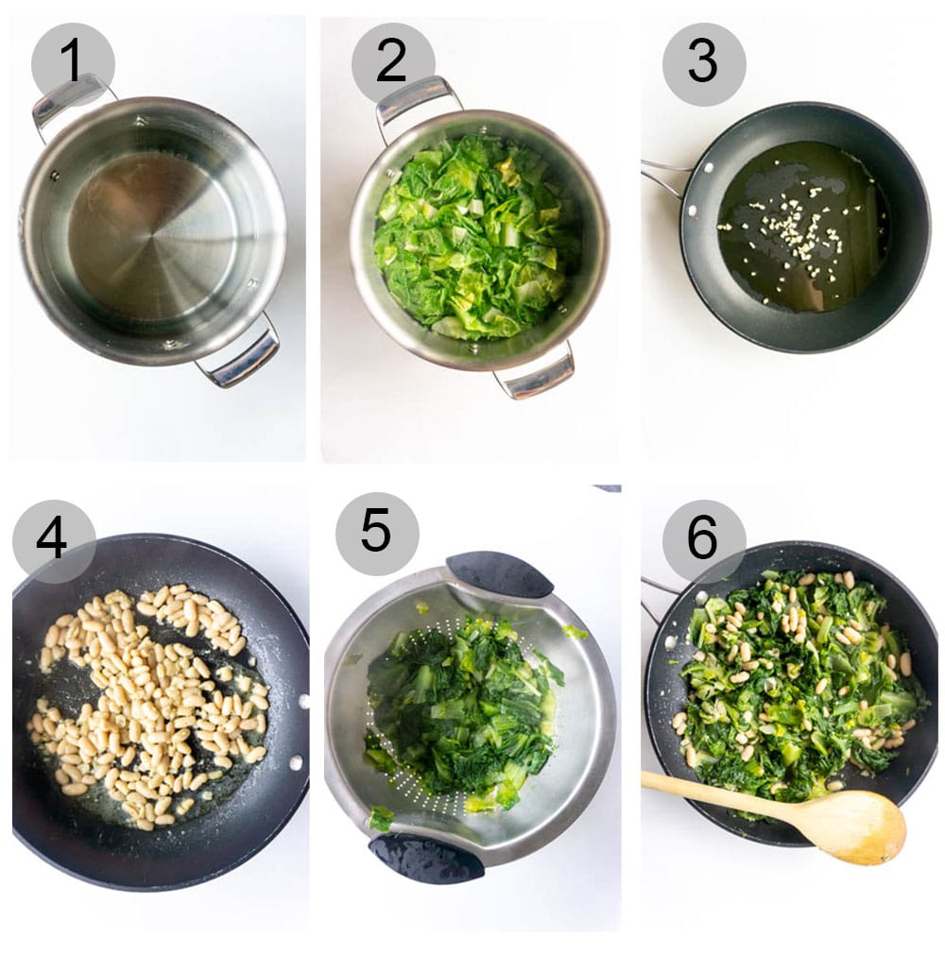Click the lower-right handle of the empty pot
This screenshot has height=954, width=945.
(244, 358)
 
